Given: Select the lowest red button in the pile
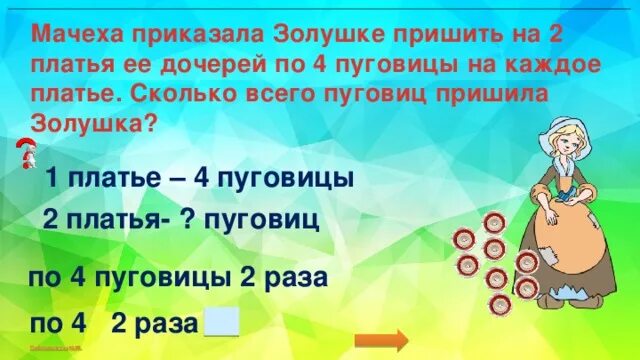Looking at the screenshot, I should [498, 304].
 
